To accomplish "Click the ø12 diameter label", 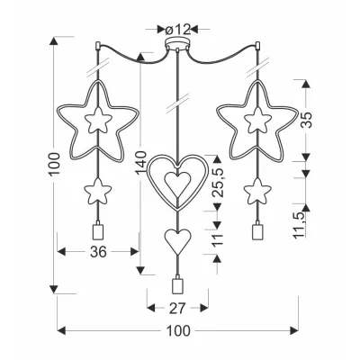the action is pos(178,29).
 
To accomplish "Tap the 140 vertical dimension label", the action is pos(140,164).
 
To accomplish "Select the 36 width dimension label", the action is pos(98,252).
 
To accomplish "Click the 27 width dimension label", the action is pos(177,308).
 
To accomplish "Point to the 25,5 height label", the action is pos(218,182).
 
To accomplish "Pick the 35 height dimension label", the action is pos(307,120).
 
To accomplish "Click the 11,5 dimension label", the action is pos(300,225).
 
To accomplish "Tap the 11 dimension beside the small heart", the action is pos(218,239).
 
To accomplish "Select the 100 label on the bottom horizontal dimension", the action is pos(178,331).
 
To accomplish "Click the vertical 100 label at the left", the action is pos(55,164).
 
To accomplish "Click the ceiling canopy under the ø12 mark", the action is pos(178,42).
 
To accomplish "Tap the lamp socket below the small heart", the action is pos(177,285).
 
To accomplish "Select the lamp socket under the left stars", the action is pos(97,230).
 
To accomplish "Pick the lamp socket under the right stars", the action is pos(257,230).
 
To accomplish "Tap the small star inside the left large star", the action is pos(97,120).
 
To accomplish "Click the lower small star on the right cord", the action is pos(257,191).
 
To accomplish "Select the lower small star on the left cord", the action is pos(97,191).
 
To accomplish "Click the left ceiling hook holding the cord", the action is pos(97,46).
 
